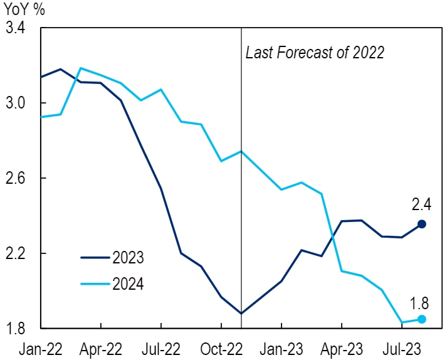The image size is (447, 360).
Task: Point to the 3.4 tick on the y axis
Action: pyautogui.click(x=17, y=28)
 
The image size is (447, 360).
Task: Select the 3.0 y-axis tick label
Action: pyautogui.click(x=17, y=103)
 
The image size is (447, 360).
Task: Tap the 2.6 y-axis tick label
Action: pyautogui.click(x=17, y=178)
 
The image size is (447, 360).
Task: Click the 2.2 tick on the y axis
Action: pyautogui.click(x=17, y=253)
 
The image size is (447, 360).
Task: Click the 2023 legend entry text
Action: pyautogui.click(x=128, y=258)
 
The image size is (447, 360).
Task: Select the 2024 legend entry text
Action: pyautogui.click(x=128, y=285)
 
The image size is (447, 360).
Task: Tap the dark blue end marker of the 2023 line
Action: pyautogui.click(x=422, y=224)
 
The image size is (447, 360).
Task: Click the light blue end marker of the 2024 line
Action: pyautogui.click(x=422, y=319)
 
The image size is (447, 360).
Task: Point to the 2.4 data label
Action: pyautogui.click(x=422, y=204)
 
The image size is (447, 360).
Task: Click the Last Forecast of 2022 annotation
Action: pyautogui.click(x=314, y=53)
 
